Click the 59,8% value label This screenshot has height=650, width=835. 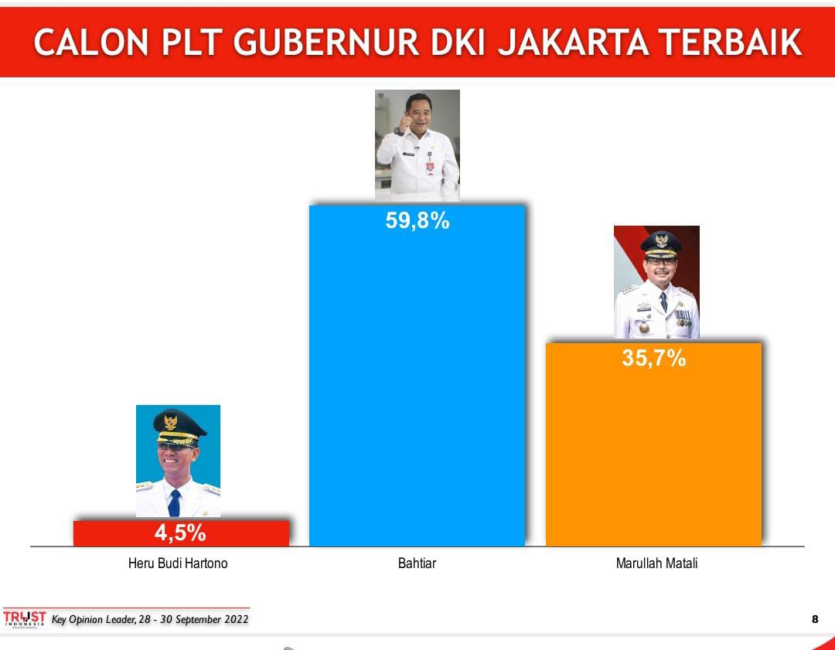point(417,221)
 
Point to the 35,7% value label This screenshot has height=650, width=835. point(654,358)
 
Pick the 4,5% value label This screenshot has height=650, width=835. point(180,533)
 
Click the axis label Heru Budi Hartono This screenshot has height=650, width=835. point(178,563)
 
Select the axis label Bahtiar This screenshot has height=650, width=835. point(417,563)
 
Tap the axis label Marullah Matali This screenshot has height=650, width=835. point(656,563)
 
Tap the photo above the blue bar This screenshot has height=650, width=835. point(417,145)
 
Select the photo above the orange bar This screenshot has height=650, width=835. point(656,282)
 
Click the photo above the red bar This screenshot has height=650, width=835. point(178,461)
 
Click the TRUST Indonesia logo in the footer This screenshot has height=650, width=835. point(25,618)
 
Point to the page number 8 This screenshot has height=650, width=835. point(815,619)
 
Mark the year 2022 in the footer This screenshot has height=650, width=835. point(231,620)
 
